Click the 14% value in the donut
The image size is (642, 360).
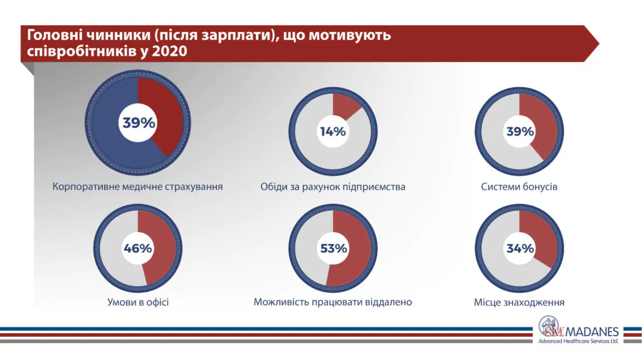332,132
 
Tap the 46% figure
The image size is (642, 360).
137,248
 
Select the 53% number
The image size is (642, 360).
333,248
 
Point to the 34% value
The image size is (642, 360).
520,248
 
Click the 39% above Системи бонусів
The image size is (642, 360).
520,132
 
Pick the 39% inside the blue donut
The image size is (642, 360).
138,123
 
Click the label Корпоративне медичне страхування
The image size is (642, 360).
138,187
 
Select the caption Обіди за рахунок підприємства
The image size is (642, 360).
333,187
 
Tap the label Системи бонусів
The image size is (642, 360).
519,187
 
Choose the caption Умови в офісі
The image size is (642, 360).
138,302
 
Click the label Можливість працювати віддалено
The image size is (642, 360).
333,302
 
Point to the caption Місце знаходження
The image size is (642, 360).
519,302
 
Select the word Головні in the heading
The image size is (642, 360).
53,35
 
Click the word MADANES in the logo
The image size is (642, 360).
592,331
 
